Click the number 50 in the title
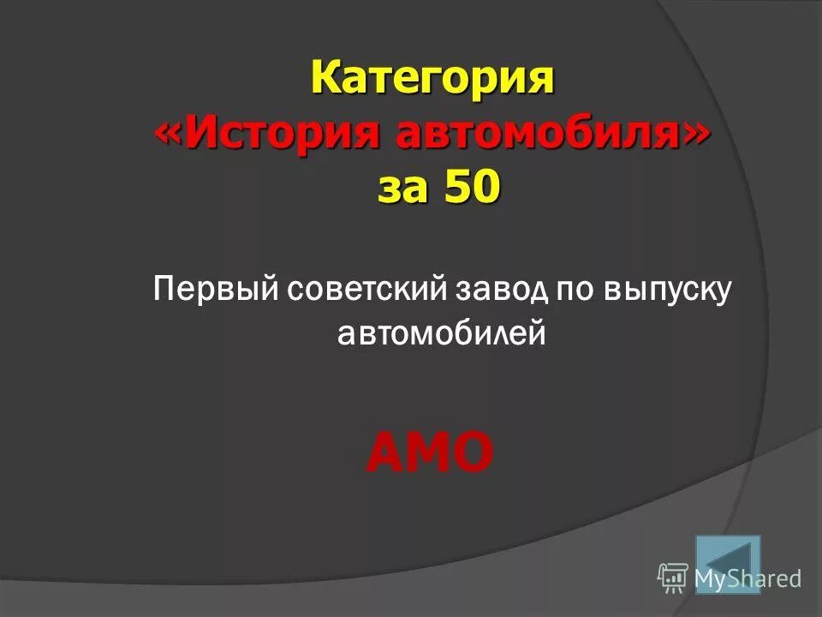click(x=469, y=187)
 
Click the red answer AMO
click(x=430, y=452)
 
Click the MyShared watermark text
click(x=748, y=578)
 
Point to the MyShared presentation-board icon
click(x=673, y=578)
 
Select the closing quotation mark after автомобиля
click(x=699, y=134)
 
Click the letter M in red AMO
click(x=429, y=452)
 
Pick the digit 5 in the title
click(x=456, y=187)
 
